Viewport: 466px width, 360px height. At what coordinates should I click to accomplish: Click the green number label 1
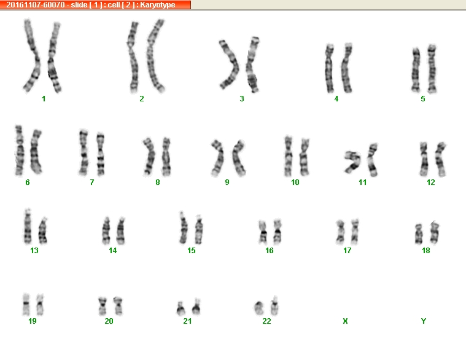[44, 99]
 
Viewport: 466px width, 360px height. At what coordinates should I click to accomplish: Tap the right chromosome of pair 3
[252, 65]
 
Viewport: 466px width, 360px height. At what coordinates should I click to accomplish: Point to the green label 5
[423, 99]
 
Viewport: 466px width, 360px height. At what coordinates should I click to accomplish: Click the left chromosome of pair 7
[83, 152]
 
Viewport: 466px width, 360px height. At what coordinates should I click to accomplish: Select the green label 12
[430, 182]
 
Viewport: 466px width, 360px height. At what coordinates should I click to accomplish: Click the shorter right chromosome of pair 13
[43, 231]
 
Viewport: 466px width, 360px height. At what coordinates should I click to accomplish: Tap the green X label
[345, 321]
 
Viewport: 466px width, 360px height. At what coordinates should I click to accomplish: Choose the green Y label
[424, 321]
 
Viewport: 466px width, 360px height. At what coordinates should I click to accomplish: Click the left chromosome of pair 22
[259, 308]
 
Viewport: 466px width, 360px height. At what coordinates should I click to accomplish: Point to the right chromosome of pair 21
[196, 307]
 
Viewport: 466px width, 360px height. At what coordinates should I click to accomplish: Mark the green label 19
[33, 321]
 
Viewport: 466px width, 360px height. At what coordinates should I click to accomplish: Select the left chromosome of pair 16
[263, 232]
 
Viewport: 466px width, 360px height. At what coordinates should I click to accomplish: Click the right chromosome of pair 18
[435, 232]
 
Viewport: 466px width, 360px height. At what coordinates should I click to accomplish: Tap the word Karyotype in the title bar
[158, 5]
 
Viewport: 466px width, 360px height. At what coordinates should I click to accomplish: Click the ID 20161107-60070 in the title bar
[36, 5]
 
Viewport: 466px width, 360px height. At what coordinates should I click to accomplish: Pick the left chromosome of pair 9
[217, 158]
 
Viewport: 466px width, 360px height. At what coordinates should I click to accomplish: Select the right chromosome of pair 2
[155, 55]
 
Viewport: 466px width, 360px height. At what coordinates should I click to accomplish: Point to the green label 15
[192, 251]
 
